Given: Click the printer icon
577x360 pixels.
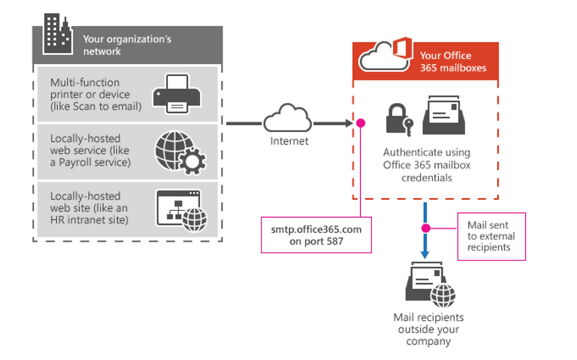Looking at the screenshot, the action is click(177, 94).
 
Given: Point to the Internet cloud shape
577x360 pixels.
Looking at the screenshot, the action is click(288, 118).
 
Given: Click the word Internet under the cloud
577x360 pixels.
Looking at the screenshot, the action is click(289, 141).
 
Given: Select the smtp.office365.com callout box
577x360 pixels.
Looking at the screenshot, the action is click(316, 235).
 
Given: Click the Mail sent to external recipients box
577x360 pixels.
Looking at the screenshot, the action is click(491, 236).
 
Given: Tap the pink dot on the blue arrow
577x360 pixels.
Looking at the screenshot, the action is click(426, 228).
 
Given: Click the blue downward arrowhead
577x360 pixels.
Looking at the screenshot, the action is click(425, 255).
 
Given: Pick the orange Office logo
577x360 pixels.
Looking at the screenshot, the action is click(402, 48).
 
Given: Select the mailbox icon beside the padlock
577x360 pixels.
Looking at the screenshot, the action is click(444, 115).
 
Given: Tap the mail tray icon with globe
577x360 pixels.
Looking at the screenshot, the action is click(430, 284).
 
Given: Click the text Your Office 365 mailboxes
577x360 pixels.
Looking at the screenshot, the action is click(453, 61).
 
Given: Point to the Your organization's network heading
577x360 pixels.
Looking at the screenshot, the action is click(127, 45).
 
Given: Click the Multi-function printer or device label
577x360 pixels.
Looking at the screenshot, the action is click(95, 94).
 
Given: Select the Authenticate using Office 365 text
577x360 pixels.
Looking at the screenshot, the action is click(427, 158).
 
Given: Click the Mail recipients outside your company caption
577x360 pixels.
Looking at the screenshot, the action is click(429, 329).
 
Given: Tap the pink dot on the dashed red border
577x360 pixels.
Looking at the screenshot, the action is click(360, 123).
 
